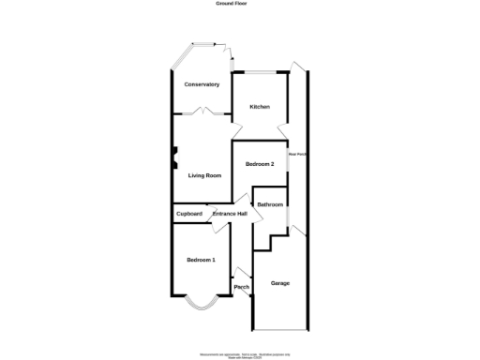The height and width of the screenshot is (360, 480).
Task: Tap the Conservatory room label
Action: [x=202, y=84]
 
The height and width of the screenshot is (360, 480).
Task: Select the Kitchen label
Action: [x=260, y=107]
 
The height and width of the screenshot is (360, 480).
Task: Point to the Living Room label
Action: [x=204, y=175]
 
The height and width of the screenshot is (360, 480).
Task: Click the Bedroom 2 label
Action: [x=260, y=164]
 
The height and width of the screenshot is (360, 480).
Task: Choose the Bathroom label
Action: [x=270, y=204]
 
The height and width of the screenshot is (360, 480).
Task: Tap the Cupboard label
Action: [x=189, y=214]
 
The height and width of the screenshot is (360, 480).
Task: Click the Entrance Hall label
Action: [x=230, y=214]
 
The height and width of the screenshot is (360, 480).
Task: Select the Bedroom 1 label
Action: [x=201, y=259]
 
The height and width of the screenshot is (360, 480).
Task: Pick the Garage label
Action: [x=279, y=283]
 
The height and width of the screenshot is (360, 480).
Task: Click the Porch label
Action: [x=241, y=286]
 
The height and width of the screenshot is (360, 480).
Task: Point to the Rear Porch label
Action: [x=298, y=154]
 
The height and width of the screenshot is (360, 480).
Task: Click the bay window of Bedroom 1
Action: [x=201, y=303]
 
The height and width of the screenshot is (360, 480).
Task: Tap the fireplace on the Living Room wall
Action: [x=173, y=156]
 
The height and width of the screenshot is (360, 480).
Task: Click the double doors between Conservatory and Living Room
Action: [x=201, y=112]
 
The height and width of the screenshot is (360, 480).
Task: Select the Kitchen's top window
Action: [x=260, y=72]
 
